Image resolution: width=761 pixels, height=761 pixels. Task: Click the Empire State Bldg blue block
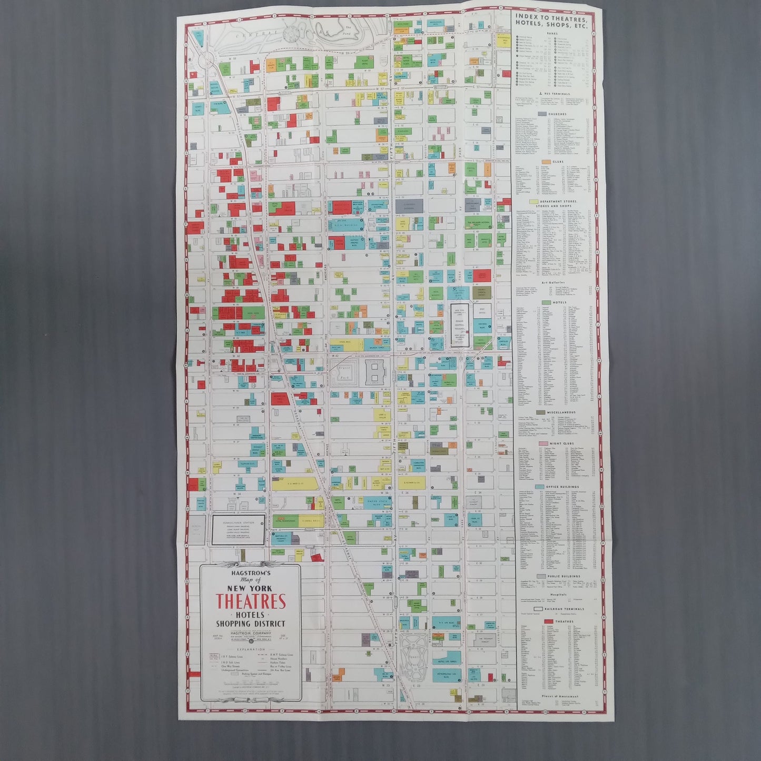click(x=373, y=501)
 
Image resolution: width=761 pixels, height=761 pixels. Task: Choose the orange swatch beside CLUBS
click(x=542, y=161)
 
